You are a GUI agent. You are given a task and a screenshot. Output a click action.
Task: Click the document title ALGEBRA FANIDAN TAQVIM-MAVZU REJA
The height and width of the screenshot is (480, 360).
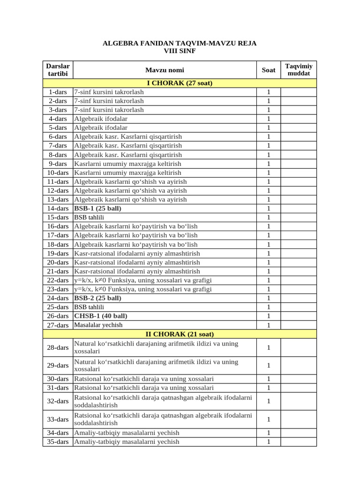[x=180, y=43]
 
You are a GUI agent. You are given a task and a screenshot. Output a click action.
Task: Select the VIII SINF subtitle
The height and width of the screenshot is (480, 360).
[x=180, y=51]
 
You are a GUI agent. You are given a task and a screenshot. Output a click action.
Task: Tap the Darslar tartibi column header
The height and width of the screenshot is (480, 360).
[x=58, y=70]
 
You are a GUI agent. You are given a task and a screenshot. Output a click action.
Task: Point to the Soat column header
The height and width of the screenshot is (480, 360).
[x=268, y=70]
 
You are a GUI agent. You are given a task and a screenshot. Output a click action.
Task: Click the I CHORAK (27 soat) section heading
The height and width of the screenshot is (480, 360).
[x=180, y=83]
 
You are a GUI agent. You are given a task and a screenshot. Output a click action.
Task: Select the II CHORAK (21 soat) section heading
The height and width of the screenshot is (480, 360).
[x=180, y=334]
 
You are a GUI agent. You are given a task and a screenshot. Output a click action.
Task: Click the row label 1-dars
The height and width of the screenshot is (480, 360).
[x=58, y=92]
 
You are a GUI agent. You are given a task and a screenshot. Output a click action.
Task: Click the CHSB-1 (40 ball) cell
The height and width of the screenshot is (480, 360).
[x=101, y=316]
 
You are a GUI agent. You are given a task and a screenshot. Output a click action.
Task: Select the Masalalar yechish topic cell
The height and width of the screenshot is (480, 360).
[x=98, y=325]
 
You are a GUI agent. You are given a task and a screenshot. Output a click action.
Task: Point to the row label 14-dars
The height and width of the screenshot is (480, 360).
[x=58, y=208]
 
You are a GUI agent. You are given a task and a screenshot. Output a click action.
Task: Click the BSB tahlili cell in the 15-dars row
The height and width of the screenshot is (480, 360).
[x=89, y=217]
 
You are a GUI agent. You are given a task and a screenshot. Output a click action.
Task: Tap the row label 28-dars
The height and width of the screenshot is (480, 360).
[x=58, y=347]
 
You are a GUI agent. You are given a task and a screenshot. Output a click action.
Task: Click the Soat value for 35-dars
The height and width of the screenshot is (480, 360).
[x=268, y=442]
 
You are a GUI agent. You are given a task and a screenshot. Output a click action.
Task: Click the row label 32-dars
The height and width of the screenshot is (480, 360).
[x=58, y=401]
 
